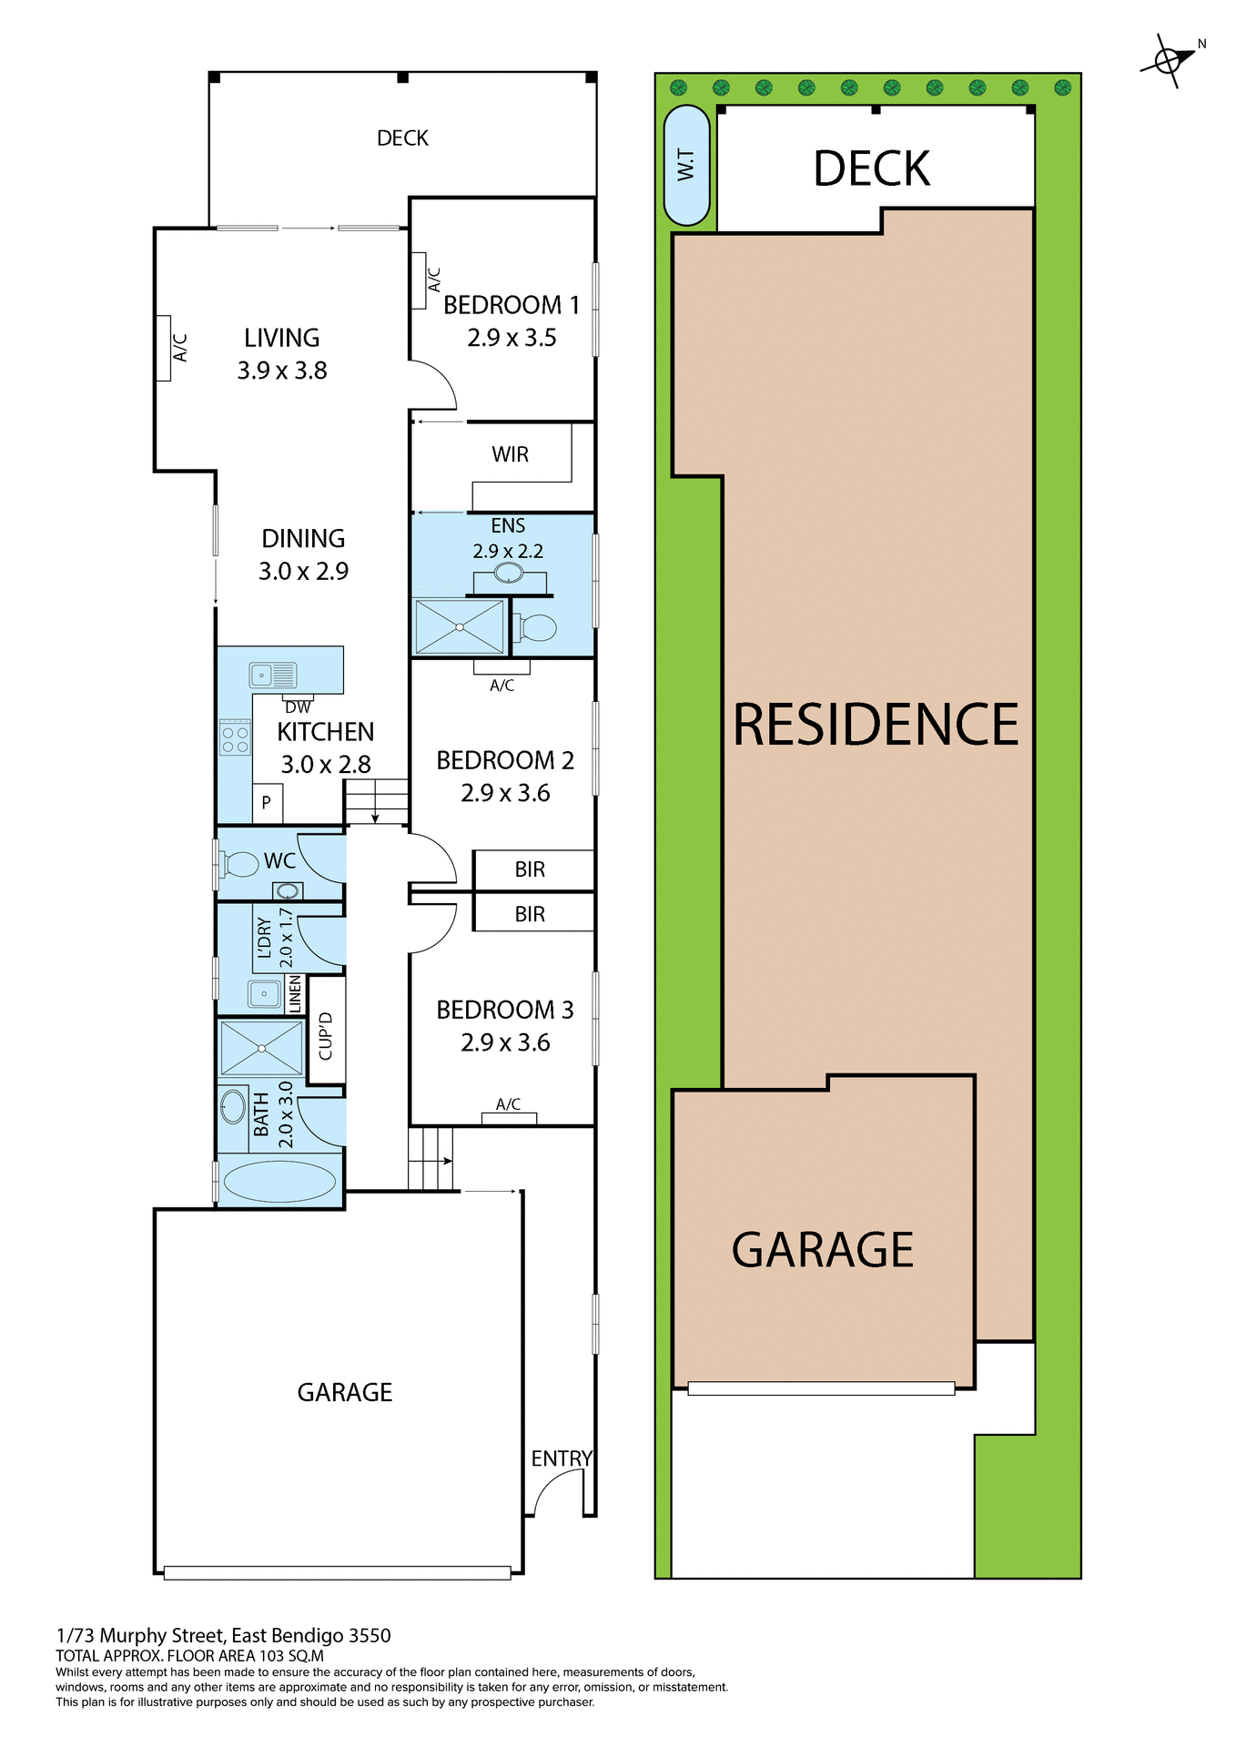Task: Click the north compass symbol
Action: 1169,60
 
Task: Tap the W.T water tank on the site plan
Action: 686,165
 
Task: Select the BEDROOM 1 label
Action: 511,305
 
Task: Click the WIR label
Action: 510,454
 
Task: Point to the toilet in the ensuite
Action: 537,627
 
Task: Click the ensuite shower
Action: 460,626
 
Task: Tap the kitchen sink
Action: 272,675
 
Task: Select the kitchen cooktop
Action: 235,737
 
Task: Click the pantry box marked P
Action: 267,803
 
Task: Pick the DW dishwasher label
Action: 298,707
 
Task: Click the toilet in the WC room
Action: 240,863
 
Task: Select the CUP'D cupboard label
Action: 326,1037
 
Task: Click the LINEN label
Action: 295,994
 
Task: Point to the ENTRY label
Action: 562,1459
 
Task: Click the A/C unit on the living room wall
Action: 164,348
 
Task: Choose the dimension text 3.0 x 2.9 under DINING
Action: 303,572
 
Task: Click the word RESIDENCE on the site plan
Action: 876,726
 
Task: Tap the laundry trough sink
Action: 265,993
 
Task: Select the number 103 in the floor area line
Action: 271,1656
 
